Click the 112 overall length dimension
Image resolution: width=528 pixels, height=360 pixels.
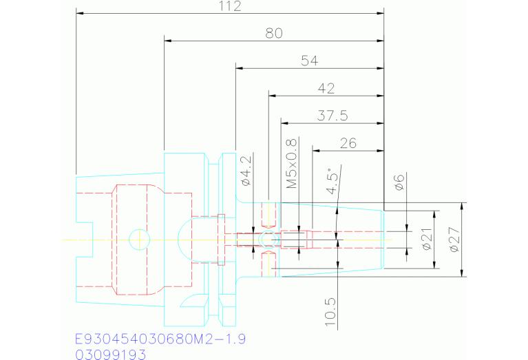point(230,6)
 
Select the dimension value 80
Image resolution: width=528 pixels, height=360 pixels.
point(274,33)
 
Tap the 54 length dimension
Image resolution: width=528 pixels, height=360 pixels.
point(309,61)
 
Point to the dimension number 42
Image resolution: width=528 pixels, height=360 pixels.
point(326,88)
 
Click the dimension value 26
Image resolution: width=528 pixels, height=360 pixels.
point(348,142)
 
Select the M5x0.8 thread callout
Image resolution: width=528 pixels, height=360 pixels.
point(292,164)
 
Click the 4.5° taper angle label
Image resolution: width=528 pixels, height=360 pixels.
point(333,183)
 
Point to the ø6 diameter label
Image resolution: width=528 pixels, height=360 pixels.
point(398,182)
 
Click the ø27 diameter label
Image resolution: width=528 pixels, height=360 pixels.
point(453,240)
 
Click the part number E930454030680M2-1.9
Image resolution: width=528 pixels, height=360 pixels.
point(160,339)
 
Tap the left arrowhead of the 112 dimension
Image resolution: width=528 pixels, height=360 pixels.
point(80,13)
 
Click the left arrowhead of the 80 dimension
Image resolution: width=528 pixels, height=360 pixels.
point(168,41)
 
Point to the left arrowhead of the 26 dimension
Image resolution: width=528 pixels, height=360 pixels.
point(316,149)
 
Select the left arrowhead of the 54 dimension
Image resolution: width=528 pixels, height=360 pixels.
point(240,68)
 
